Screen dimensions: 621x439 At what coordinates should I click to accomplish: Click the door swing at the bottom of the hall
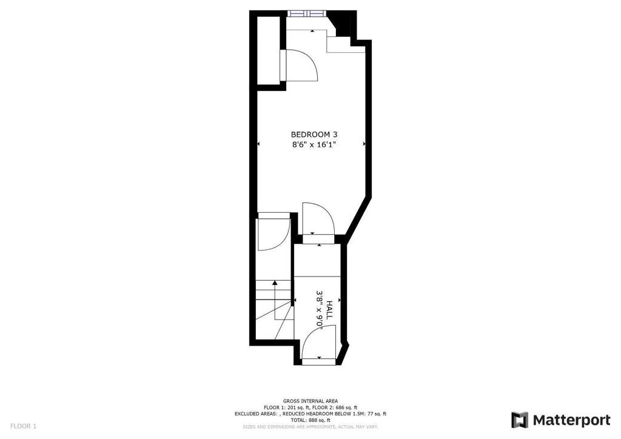[x=319, y=341]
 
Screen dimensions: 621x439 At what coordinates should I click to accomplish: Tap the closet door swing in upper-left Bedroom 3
[x=301, y=65]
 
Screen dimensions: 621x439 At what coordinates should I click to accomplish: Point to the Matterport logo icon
[x=519, y=420]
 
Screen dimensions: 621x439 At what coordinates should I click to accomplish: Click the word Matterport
[x=571, y=420]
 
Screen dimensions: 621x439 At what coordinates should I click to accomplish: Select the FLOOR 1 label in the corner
[x=23, y=426]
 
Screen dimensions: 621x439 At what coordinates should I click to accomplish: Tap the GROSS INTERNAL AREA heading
[x=310, y=401]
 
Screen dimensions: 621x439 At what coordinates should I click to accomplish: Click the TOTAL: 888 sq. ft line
[x=310, y=420]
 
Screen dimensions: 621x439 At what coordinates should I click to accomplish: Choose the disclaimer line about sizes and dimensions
[x=310, y=427]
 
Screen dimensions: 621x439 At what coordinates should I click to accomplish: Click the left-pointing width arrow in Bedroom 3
[x=259, y=144]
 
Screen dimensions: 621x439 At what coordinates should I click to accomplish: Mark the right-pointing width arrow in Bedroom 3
[x=364, y=144]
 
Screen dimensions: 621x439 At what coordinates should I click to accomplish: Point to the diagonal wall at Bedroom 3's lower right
[x=358, y=218]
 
